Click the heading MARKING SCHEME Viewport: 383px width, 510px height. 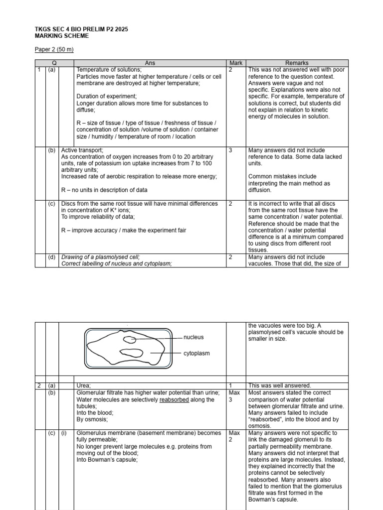pyautogui.click(x=61, y=36)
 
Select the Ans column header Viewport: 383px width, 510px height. pyautogui.click(x=150, y=63)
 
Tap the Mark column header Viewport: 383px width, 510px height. pyautogui.click(x=235, y=63)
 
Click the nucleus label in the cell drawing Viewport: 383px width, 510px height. pyautogui.click(x=193, y=337)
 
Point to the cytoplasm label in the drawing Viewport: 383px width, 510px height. pyautogui.click(x=196, y=353)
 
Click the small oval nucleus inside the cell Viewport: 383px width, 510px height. pyautogui.click(x=130, y=340)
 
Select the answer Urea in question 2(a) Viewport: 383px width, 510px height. pyautogui.click(x=83, y=385)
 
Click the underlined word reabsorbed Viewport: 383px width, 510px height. pyautogui.click(x=175, y=399)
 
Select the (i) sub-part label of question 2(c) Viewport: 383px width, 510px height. pyautogui.click(x=64, y=433)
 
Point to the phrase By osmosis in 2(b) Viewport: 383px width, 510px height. pyautogui.click(x=92, y=420)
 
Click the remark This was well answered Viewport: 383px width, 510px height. pyautogui.click(x=279, y=385)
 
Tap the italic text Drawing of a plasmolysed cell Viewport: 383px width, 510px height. pyautogui.click(x=100, y=257)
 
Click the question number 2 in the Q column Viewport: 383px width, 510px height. pyautogui.click(x=38, y=385)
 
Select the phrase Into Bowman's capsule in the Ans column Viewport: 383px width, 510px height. pyautogui.click(x=107, y=460)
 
